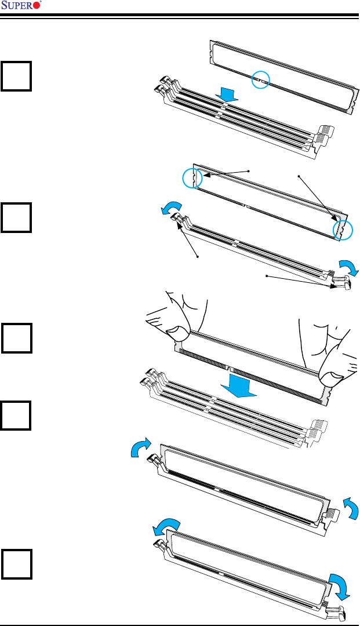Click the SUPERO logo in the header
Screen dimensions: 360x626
[21, 5]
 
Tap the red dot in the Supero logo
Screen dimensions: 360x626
[37, 6]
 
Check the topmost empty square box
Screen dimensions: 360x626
[16, 76]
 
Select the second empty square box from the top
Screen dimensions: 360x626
[16, 217]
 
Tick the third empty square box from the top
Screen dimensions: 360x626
[16, 338]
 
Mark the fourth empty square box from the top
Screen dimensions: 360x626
[16, 415]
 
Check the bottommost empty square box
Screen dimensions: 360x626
[16, 564]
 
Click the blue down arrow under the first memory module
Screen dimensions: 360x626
[227, 95]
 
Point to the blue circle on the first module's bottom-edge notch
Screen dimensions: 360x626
[261, 80]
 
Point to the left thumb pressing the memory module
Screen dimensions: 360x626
[178, 333]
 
